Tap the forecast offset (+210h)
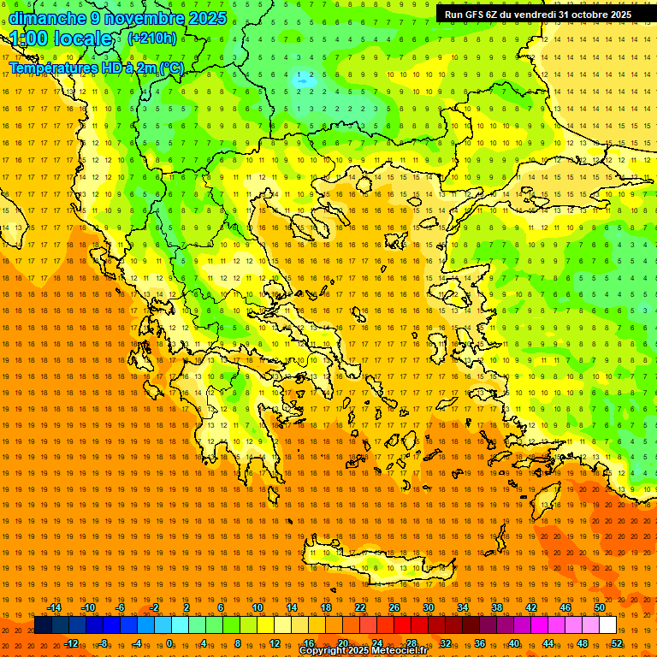(x=152, y=38)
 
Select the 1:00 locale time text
(x=62, y=38)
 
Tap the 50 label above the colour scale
(x=599, y=607)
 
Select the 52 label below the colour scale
(x=616, y=643)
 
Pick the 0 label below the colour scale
(x=169, y=643)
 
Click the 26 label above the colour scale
(x=394, y=607)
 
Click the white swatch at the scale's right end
(x=607, y=625)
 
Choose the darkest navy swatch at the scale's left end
(x=44, y=625)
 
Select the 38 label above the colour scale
(x=497, y=607)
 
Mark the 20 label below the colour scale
(x=342, y=643)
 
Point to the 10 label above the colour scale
(x=257, y=607)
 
